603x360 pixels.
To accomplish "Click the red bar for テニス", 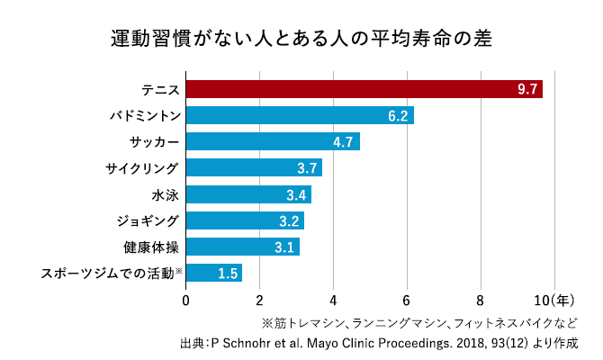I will click(x=364, y=89).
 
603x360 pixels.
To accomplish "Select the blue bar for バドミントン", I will click(x=299, y=115).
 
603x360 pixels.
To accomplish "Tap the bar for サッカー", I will click(x=272, y=141).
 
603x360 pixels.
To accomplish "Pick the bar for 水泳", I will click(x=247, y=194).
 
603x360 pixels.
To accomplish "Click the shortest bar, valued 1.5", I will click(x=213, y=273).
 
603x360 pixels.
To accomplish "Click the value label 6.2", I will click(x=398, y=115).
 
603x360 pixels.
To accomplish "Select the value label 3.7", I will click(x=307, y=168).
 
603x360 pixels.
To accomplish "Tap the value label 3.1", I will click(x=284, y=247).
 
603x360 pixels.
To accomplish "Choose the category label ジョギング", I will click(x=148, y=220).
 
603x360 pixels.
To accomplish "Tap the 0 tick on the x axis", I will click(x=186, y=301).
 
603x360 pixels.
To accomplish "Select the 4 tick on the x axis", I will click(x=333, y=301).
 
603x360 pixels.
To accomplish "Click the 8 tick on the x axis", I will click(x=481, y=301).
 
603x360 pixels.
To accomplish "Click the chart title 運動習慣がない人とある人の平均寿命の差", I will click(x=301, y=40).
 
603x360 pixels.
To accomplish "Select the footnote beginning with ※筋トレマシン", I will click(x=418, y=322).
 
